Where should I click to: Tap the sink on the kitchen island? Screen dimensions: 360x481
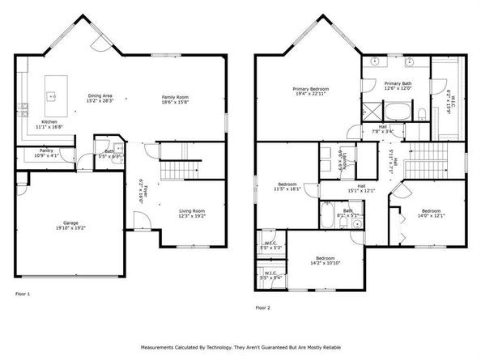click(53, 95)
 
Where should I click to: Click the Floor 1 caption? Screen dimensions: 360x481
click(22, 294)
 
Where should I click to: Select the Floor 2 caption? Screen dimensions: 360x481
click(263, 307)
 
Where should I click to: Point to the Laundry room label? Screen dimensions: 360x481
click(344, 160)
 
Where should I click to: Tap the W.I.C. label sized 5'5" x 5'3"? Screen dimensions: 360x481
click(271, 244)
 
